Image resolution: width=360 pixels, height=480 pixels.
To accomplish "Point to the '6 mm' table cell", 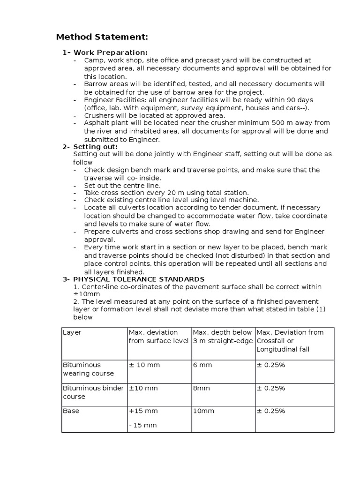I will (x=202, y=365).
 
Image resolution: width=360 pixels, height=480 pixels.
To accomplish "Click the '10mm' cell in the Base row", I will (x=203, y=411).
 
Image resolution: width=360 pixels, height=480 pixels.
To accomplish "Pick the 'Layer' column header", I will (x=72, y=332).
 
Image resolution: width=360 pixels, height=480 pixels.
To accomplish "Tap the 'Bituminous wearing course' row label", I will (x=88, y=369).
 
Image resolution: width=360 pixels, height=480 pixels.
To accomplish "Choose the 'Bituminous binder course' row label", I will (x=93, y=392).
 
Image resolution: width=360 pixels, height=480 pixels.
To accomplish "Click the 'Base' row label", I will (x=71, y=411).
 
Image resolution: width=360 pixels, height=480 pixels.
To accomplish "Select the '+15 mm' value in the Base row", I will (x=143, y=411).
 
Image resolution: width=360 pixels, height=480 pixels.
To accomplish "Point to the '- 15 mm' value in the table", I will (x=142, y=425).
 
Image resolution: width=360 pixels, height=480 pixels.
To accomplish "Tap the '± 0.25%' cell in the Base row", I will (x=270, y=411).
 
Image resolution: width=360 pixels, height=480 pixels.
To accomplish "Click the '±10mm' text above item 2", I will (x=83, y=294).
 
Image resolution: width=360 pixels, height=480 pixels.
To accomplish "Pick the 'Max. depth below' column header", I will (x=223, y=332).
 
